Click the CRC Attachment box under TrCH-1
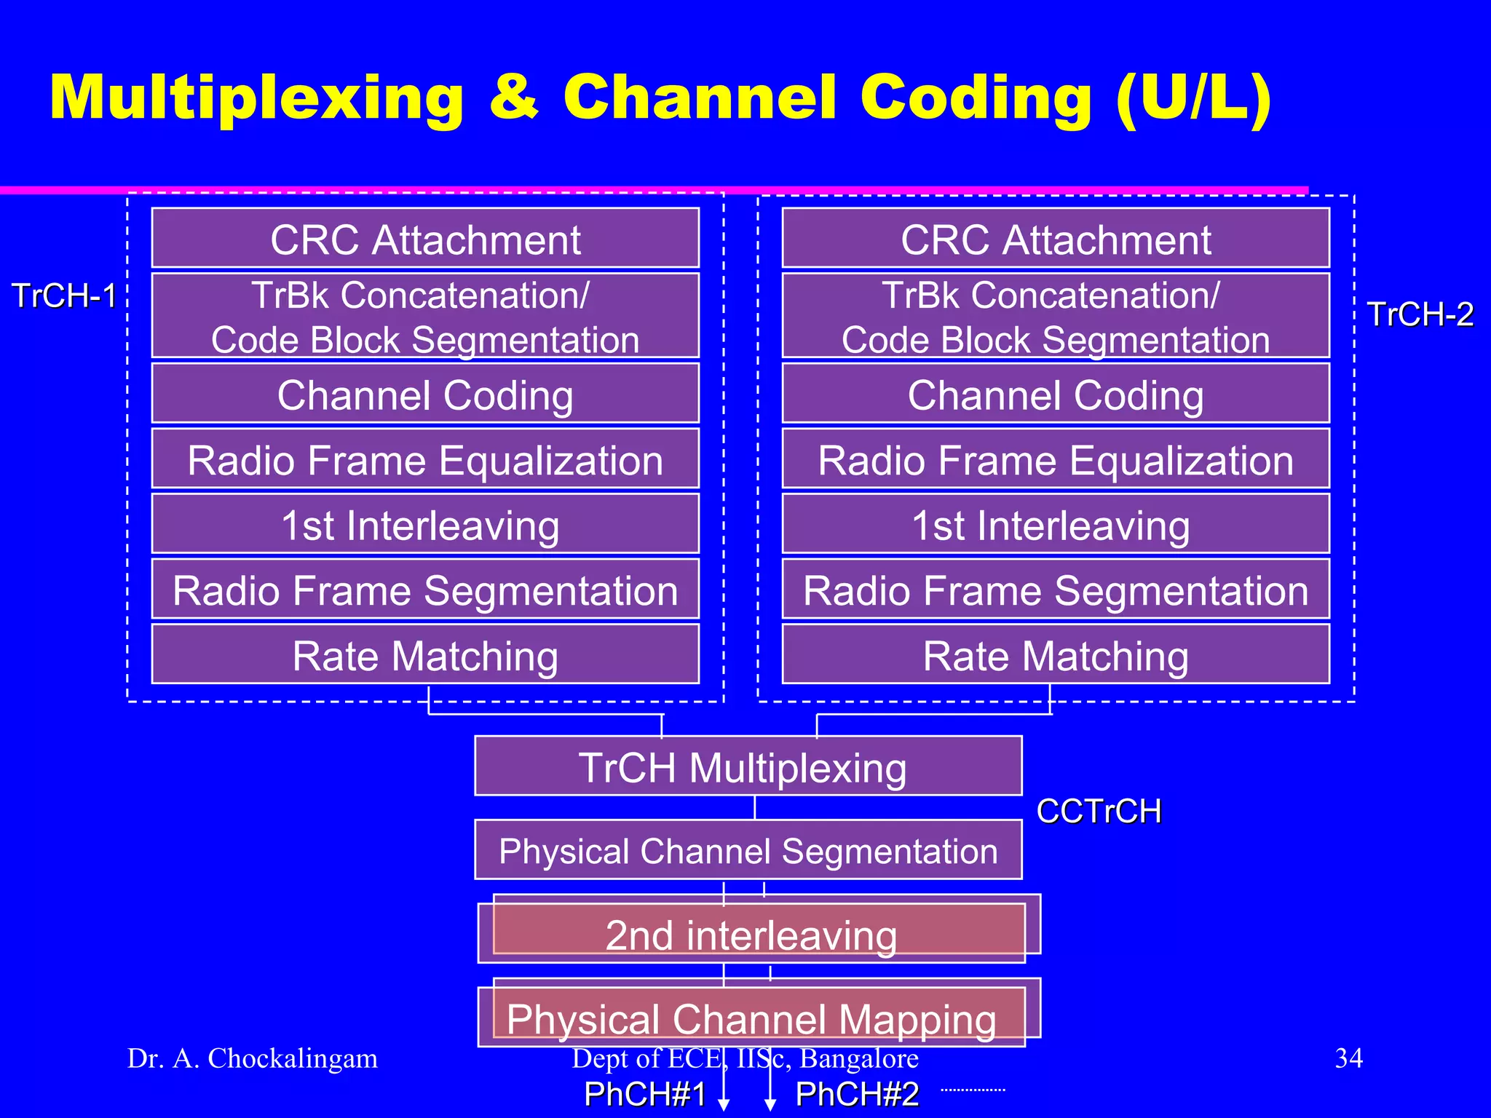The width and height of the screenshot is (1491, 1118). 425,239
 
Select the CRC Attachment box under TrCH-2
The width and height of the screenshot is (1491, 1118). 1056,239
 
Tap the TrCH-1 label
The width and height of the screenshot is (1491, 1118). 65,296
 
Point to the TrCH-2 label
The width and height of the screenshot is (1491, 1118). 1420,314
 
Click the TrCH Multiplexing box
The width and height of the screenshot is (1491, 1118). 748,767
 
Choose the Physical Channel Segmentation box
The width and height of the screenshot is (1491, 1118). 748,850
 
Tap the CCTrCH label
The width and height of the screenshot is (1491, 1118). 1099,811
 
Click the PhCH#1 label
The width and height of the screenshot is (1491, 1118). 645,1094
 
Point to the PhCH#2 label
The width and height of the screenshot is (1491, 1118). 857,1094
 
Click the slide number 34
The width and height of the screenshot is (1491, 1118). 1348,1058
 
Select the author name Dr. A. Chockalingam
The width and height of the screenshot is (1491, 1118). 253,1058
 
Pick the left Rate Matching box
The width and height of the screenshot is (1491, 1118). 425,655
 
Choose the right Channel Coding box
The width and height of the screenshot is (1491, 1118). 1056,395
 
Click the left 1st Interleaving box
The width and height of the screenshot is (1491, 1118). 425,525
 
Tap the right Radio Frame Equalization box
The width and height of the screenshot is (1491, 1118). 1056,460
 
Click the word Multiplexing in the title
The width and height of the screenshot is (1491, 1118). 256,98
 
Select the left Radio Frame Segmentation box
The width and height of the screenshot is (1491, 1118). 425,590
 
